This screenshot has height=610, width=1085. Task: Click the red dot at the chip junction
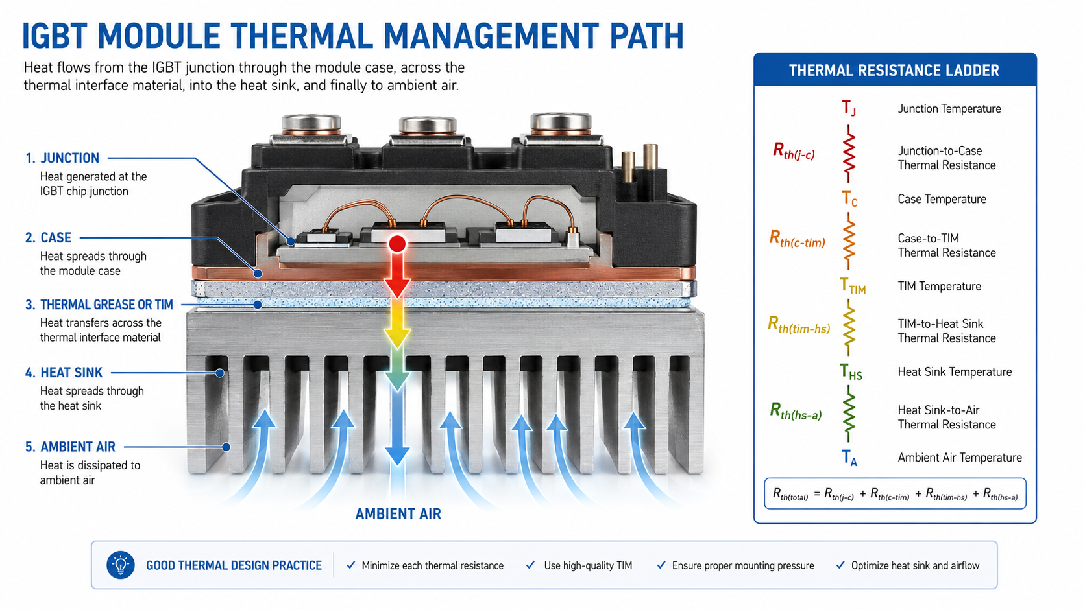click(397, 243)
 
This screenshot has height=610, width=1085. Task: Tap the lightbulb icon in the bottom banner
click(121, 565)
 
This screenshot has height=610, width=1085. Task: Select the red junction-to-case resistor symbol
click(848, 154)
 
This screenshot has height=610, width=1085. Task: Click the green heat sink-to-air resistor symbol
click(848, 414)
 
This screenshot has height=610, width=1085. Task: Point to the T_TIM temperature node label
click(852, 286)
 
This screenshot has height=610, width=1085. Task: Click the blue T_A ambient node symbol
click(849, 458)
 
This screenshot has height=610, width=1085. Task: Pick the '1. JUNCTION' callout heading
click(62, 158)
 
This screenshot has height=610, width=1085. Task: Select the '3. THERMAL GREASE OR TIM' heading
click(99, 305)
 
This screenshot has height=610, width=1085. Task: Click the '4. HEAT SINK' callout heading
click(64, 373)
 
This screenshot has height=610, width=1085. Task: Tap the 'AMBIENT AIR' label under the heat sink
click(398, 513)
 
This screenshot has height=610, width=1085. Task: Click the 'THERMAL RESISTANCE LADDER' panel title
click(894, 71)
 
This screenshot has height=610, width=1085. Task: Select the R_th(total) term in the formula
click(790, 494)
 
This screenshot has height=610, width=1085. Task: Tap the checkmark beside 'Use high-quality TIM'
click(530, 565)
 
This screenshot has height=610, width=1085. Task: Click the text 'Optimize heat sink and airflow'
click(915, 565)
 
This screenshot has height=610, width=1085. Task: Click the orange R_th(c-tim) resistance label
click(798, 239)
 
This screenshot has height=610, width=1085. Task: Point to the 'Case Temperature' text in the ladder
click(942, 199)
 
